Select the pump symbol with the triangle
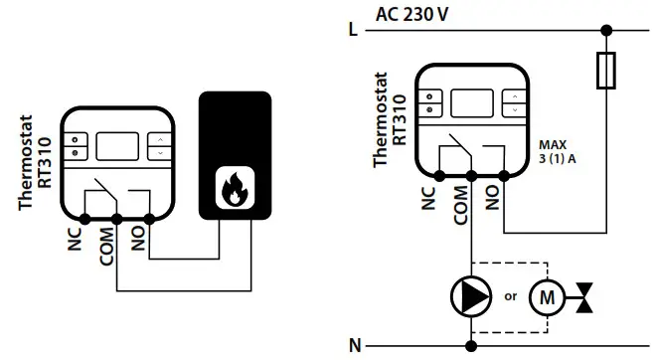467,296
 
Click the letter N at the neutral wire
354,345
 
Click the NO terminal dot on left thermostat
149,217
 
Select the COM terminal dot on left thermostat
116,217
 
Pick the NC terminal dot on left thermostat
84,217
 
